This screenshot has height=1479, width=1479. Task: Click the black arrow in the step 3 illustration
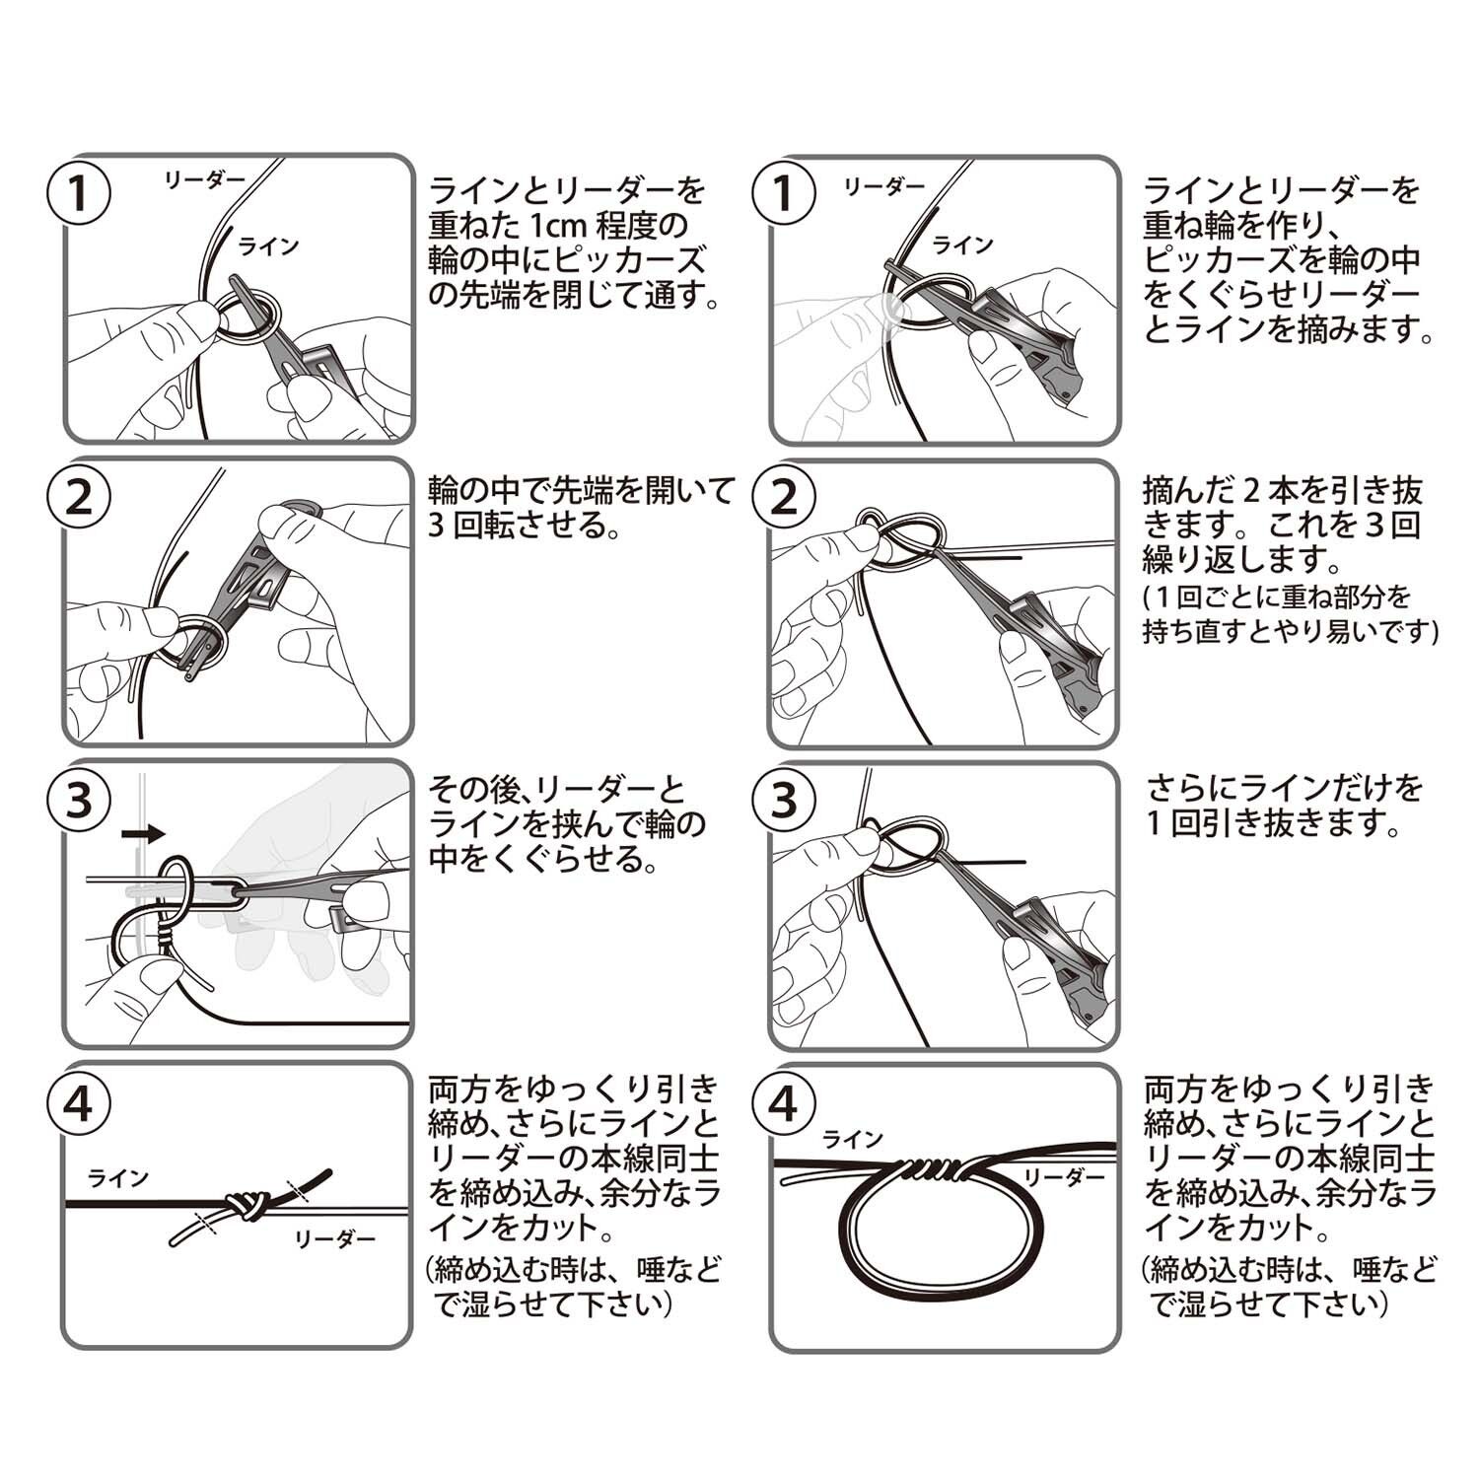(144, 834)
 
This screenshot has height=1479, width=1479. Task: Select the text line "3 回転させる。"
(525, 525)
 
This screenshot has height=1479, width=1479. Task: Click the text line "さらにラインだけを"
(1285, 789)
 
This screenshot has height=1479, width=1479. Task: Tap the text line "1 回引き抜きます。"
(1273, 823)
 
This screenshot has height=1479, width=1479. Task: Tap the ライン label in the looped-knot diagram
(853, 1140)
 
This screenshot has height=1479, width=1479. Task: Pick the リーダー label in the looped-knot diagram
(1064, 1177)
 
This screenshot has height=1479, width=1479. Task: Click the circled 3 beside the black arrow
(78, 802)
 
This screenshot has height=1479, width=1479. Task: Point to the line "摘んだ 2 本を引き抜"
(1283, 489)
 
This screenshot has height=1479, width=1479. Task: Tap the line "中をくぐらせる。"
(544, 859)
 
